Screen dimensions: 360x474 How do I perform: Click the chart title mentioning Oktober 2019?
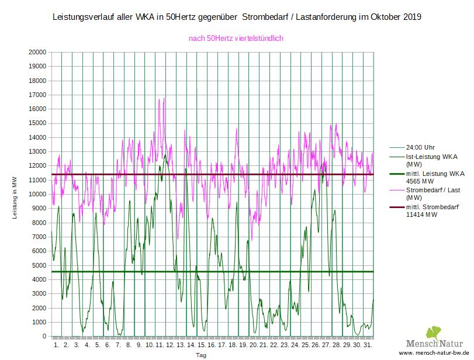(237, 17)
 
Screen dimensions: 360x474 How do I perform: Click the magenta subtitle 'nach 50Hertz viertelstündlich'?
(236, 39)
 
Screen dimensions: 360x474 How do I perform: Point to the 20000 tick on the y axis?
(37, 52)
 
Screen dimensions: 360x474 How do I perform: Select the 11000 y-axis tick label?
(37, 180)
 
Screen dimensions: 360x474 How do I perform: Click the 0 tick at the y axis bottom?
(44, 337)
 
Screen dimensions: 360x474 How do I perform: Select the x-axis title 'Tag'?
(201, 355)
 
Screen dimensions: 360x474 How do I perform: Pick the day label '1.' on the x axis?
(57, 345)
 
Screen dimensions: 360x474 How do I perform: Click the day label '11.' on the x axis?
(159, 345)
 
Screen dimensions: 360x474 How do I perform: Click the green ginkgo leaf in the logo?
(434, 334)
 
